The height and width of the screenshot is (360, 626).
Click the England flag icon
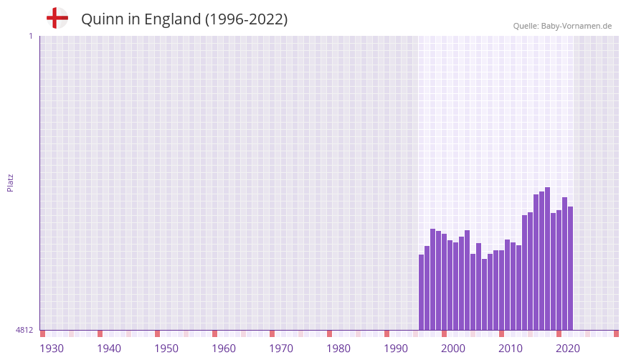coord(57,18)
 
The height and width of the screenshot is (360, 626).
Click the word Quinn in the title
coord(101,19)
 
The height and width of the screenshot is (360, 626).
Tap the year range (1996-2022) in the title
coord(246,19)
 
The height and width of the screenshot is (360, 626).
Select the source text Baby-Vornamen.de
coord(576,26)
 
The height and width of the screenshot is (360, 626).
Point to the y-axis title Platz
coord(10,182)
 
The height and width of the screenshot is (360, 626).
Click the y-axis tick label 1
coord(30,36)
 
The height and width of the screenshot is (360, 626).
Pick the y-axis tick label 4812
coord(24,330)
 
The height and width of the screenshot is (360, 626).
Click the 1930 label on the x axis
coord(52,349)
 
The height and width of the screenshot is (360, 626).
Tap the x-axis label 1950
coord(166,349)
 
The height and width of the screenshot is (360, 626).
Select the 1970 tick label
coord(281,349)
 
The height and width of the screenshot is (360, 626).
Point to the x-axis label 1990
coord(396,349)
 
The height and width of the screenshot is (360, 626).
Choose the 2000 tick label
coord(453,349)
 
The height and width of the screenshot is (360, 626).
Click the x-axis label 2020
coord(568,349)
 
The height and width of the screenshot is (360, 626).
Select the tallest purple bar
coord(547,258)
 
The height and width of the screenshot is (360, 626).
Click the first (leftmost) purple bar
coord(421,292)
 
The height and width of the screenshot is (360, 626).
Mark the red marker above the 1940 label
coord(100,333)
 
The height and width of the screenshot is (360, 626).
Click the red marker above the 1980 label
coord(329,333)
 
